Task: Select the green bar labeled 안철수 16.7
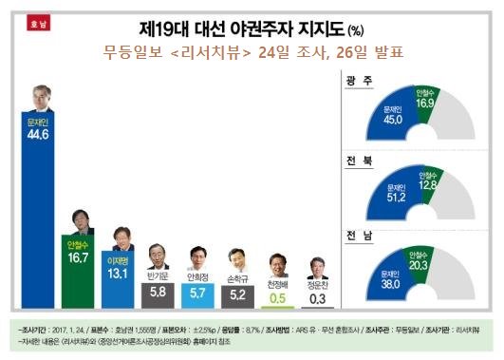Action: click(x=82, y=271)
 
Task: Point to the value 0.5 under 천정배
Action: click(x=278, y=296)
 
